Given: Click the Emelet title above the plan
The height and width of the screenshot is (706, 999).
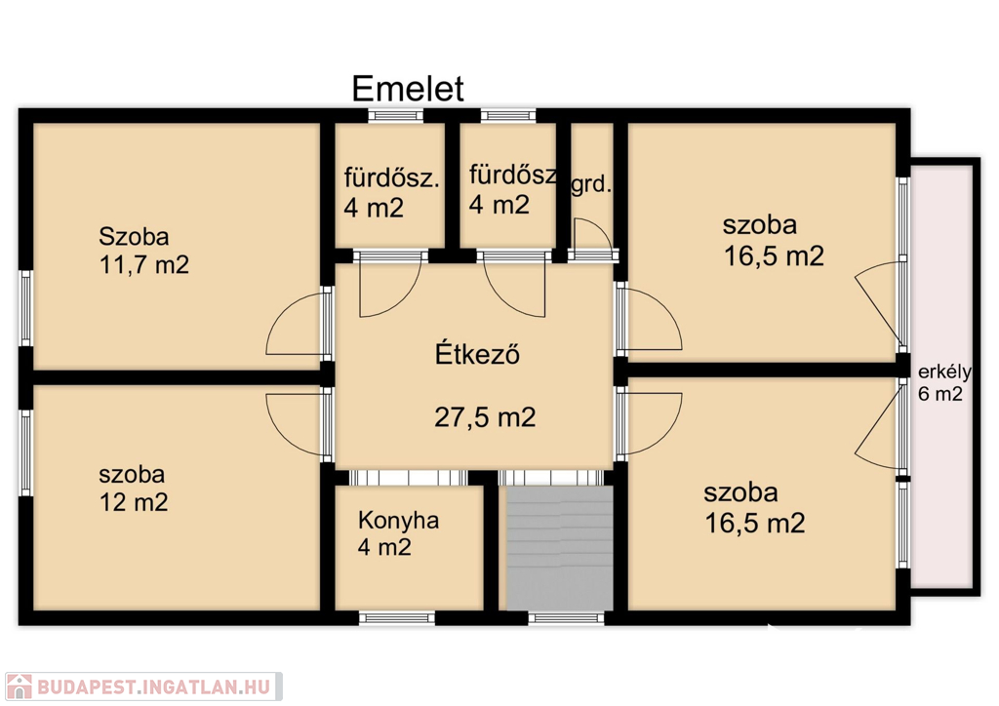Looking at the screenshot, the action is [408, 89].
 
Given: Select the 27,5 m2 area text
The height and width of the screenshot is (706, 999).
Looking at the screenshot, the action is [485, 417].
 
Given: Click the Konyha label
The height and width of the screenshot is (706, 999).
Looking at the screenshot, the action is [398, 520].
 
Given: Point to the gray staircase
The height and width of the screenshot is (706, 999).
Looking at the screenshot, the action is [559, 548].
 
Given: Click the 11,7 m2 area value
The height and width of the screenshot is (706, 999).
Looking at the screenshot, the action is [144, 264].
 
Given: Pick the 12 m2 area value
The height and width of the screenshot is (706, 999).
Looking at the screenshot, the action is [134, 502].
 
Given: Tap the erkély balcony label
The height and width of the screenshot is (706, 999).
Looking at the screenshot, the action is [944, 372].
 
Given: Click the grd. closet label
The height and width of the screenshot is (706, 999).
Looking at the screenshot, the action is [591, 185].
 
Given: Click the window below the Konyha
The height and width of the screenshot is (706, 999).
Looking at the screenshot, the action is [397, 617].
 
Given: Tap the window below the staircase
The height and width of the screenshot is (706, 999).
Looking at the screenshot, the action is [566, 617].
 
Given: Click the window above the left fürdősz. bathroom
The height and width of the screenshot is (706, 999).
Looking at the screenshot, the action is [396, 115].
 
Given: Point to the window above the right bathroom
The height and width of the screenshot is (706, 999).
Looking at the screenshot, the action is [508, 115].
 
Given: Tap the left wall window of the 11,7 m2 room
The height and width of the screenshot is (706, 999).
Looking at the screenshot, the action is [25, 309].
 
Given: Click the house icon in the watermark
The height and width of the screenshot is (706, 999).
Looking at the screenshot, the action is [19, 686].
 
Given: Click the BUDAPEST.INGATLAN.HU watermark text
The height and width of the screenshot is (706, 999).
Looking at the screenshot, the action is [153, 686].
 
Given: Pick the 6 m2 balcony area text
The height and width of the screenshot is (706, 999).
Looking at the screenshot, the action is [939, 394].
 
